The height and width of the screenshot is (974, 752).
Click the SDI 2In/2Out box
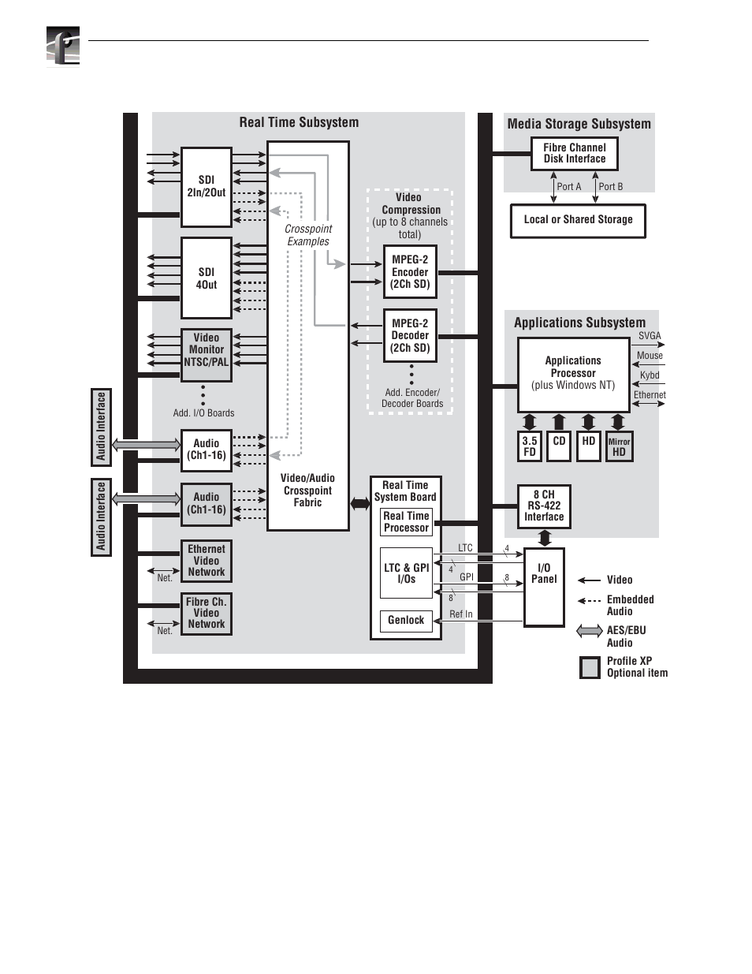point(206,187)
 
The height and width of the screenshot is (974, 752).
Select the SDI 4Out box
point(206,278)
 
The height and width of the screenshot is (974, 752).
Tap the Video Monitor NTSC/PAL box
point(206,355)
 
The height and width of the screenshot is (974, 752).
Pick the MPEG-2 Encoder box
point(410,271)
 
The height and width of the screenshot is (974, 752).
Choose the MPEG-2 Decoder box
point(410,335)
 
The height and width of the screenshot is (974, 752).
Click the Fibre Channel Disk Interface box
point(574,154)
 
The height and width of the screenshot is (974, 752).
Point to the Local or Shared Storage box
point(578,221)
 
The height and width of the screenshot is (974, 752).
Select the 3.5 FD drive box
point(530,446)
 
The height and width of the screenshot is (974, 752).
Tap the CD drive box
point(559,446)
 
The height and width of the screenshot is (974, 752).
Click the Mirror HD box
point(619,446)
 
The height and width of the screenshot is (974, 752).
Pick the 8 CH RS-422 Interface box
point(544,506)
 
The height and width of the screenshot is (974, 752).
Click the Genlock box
point(406,621)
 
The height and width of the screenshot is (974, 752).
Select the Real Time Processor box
point(406,522)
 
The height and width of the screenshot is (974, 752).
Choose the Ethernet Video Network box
point(206,561)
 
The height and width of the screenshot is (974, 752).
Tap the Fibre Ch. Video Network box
point(206,614)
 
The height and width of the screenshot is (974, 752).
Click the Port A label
point(569,186)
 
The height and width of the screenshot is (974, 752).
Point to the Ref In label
point(461,614)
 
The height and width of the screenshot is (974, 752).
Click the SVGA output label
point(650,336)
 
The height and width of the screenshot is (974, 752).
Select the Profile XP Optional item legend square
point(590,667)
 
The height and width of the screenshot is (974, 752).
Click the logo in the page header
point(63,47)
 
